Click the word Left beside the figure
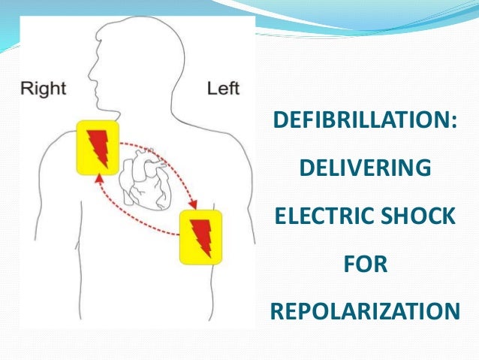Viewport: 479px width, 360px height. (223, 89)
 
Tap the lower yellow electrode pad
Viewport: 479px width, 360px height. (201, 236)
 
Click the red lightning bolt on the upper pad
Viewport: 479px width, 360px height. (97, 149)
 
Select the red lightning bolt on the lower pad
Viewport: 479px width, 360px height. (201, 236)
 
